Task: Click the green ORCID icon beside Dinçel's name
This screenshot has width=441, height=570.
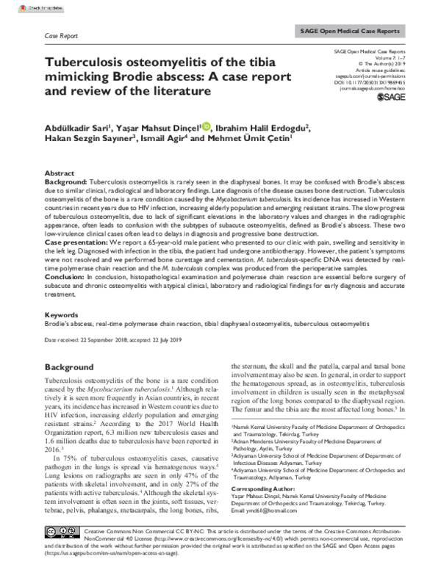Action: (x=207, y=126)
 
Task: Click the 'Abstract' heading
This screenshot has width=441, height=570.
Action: (x=61, y=172)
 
